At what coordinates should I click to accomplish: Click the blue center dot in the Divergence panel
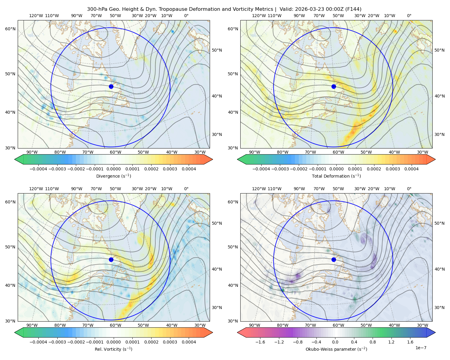click(111, 87)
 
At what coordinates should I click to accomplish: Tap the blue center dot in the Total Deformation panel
click(334, 87)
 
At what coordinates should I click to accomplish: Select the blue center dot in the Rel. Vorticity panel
click(111, 259)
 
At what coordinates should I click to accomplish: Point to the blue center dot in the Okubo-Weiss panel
click(334, 259)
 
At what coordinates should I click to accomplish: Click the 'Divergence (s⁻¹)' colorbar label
click(113, 176)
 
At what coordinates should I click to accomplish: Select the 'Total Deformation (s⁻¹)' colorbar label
click(336, 176)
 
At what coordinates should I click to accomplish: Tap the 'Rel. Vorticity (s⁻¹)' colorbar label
click(113, 349)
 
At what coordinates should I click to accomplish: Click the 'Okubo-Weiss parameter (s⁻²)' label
click(336, 349)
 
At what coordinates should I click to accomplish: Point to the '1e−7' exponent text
click(421, 348)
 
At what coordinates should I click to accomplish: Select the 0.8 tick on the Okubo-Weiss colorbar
click(373, 342)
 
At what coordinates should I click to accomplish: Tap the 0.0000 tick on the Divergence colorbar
click(113, 169)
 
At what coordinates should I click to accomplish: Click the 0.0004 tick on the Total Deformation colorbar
click(411, 169)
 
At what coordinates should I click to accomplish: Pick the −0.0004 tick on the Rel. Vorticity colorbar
click(38, 342)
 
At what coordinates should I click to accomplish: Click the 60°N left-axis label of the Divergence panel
click(10, 29)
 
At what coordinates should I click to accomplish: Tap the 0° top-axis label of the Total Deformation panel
click(409, 16)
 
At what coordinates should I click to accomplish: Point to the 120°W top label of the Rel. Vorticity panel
click(36, 189)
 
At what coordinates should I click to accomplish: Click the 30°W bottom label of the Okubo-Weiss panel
click(422, 325)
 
